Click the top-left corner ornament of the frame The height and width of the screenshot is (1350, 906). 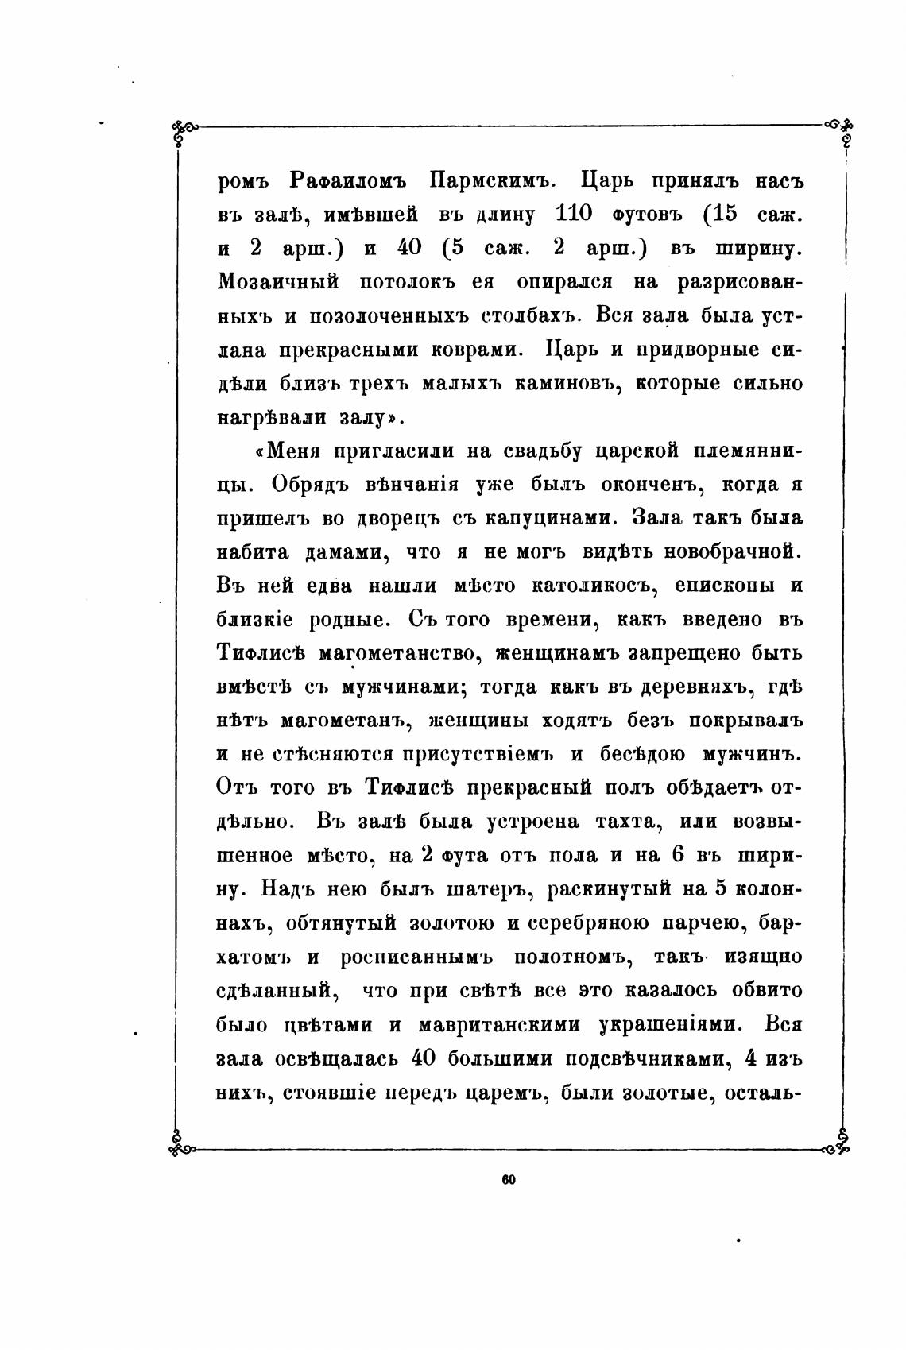184,130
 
